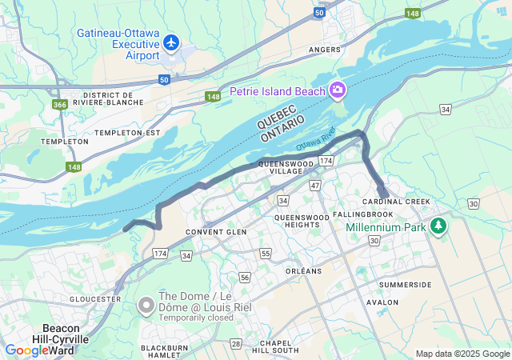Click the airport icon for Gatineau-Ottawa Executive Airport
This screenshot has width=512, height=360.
171,42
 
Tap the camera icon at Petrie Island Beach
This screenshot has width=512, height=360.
338,90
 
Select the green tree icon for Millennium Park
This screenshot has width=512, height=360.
438,227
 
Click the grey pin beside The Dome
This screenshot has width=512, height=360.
146,306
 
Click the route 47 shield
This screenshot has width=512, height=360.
315,185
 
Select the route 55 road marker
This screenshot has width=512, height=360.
266,254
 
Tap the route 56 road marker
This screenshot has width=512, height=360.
245,278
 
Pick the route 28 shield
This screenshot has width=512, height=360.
236,343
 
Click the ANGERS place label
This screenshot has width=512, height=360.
325,50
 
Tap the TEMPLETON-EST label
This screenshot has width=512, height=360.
128,132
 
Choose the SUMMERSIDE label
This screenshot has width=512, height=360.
405,285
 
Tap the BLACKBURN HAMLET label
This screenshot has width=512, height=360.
164,352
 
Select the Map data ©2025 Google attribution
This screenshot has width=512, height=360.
462,354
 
